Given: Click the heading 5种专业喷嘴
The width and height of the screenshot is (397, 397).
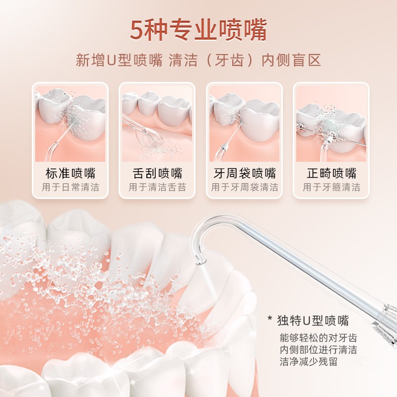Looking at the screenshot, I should (x=198, y=30).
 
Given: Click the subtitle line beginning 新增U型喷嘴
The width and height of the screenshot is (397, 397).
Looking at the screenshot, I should (x=198, y=60).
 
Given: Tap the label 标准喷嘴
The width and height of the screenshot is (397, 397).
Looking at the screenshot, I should (x=70, y=174).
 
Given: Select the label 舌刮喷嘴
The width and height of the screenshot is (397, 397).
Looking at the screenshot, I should (x=157, y=174).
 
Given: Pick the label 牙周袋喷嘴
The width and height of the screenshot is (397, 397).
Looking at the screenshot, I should (x=245, y=174).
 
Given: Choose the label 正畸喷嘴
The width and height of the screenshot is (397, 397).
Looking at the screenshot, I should (x=331, y=174).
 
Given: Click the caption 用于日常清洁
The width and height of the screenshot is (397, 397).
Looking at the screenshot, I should (x=70, y=188).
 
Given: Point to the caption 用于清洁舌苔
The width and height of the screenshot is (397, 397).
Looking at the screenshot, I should (x=157, y=188).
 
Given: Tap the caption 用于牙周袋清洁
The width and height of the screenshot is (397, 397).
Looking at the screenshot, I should (x=245, y=188).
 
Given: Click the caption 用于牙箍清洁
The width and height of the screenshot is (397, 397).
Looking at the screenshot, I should (x=331, y=188).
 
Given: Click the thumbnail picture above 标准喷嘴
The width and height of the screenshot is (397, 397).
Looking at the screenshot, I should (x=70, y=124).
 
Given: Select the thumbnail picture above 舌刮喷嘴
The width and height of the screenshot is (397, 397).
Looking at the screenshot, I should (x=157, y=124).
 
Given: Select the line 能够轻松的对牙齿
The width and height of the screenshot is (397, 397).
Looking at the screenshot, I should (x=318, y=338).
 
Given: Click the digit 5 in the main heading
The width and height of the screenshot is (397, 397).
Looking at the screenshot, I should (x=137, y=30).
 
